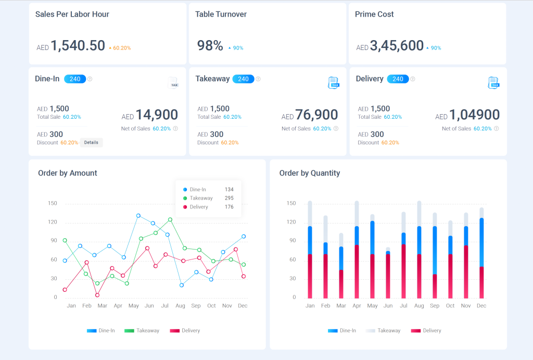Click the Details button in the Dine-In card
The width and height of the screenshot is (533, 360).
pyautogui.click(x=91, y=142)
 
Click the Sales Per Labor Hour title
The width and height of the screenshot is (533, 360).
pyautogui.click(x=72, y=14)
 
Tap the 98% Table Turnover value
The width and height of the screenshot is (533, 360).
pyautogui.click(x=210, y=46)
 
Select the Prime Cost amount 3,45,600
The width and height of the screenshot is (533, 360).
pyautogui.click(x=397, y=46)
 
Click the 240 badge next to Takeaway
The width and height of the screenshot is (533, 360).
pyautogui.click(x=243, y=79)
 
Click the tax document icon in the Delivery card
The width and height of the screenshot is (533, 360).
pyautogui.click(x=493, y=82)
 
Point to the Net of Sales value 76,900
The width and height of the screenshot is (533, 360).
pyautogui.click(x=316, y=115)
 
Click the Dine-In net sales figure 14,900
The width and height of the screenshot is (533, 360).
pyautogui.click(x=157, y=115)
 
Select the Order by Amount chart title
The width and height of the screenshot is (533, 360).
pyautogui.click(x=68, y=173)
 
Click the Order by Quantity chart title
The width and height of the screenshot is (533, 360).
pyautogui.click(x=310, y=173)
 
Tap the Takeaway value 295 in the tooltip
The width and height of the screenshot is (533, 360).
pyautogui.click(x=229, y=198)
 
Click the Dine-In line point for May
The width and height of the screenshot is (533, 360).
pyautogui.click(x=138, y=215)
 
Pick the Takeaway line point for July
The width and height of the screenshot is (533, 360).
pyautogui.click(x=170, y=219)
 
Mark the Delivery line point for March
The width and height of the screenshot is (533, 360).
pyautogui.click(x=97, y=295)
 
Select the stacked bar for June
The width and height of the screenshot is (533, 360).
pyautogui.click(x=388, y=274)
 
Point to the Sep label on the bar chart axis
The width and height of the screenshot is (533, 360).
pyautogui.click(x=435, y=306)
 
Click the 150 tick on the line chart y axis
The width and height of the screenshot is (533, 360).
pyautogui.click(x=52, y=203)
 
